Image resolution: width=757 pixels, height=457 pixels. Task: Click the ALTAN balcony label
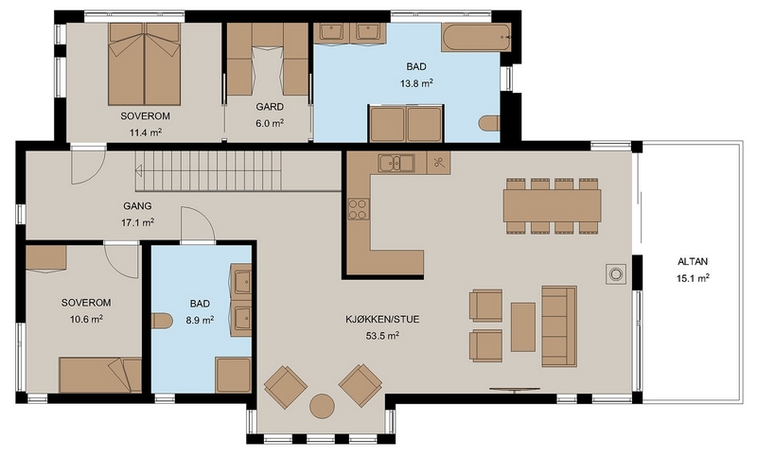click(x=693, y=261)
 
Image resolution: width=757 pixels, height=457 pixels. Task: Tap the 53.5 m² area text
click(x=382, y=335)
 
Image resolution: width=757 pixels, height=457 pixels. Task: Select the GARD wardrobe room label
click(x=270, y=107)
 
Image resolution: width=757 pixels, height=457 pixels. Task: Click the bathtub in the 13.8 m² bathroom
click(x=476, y=37)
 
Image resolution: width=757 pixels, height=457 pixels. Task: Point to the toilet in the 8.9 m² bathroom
click(x=162, y=321)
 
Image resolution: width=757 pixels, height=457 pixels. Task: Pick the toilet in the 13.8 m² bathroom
click(x=489, y=123)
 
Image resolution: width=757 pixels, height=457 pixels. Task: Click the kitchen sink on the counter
click(x=396, y=163)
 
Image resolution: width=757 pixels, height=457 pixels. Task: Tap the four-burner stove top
click(x=359, y=209)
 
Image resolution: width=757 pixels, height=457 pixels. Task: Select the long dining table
click(x=553, y=205)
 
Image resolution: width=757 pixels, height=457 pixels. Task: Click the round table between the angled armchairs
click(x=322, y=406)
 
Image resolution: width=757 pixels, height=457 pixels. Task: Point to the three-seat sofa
click(x=559, y=326)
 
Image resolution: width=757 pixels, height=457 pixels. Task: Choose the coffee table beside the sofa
click(x=523, y=326)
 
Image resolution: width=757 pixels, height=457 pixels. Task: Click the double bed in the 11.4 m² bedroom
click(x=145, y=63)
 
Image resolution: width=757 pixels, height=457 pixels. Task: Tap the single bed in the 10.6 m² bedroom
click(x=100, y=375)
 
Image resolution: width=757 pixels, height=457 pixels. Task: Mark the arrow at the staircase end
click(x=138, y=170)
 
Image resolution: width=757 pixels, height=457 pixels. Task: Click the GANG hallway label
click(x=137, y=206)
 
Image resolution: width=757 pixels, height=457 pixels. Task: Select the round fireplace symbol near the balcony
click(x=616, y=274)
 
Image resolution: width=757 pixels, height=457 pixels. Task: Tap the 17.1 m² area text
click(x=137, y=222)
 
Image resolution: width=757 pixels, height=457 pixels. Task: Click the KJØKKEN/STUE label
click(x=382, y=320)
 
